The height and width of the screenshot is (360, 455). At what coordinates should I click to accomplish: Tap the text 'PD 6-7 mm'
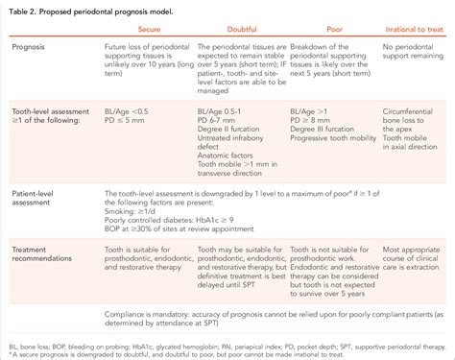(x=218, y=122)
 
